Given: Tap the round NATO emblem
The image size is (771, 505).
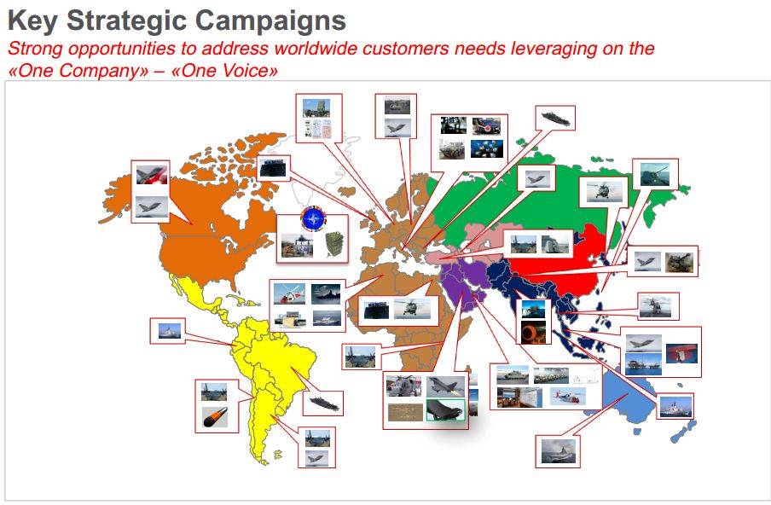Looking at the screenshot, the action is coord(313,220).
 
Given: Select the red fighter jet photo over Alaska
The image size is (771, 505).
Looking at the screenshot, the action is coord(149,176).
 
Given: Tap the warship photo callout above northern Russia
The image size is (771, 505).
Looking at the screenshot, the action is coord(555,117).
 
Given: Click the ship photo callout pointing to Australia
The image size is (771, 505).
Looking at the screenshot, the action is coord(558,450).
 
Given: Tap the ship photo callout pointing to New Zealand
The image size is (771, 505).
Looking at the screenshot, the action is coord(676,406).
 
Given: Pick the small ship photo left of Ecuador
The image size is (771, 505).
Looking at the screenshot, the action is coord(166,330).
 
